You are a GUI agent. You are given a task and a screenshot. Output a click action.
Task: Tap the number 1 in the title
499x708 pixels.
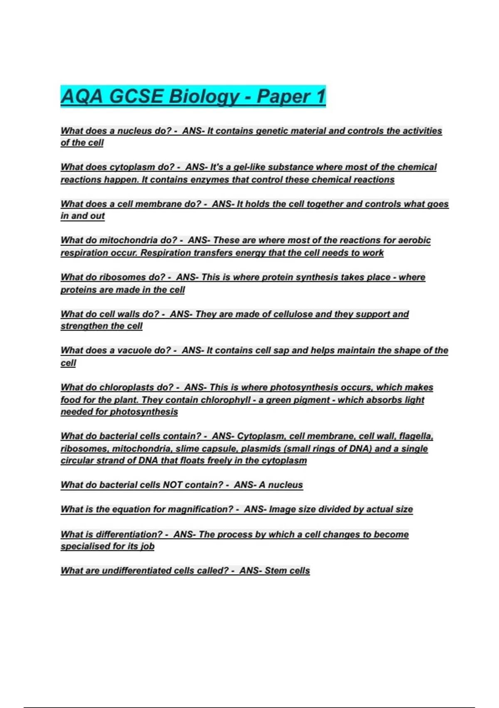tap(320, 97)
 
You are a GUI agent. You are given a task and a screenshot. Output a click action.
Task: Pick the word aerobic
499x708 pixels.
tap(414, 240)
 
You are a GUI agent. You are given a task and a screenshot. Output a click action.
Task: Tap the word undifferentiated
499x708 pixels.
tap(136, 571)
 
